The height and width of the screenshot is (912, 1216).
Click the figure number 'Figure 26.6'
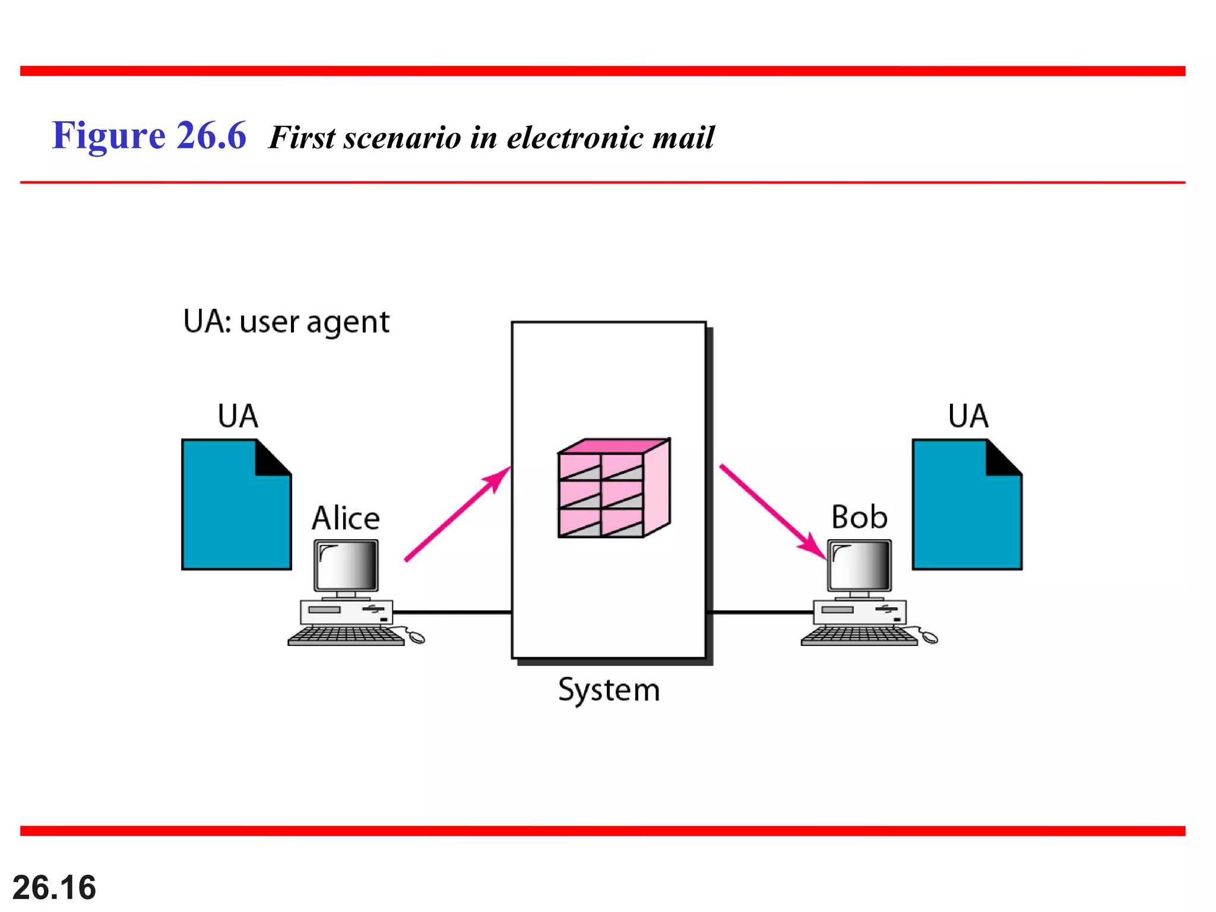148,135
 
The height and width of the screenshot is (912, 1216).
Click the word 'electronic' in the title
574,137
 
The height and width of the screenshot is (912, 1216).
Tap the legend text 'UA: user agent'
286,322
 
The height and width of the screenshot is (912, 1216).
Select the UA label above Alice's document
237,416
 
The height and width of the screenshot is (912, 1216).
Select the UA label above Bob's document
968,416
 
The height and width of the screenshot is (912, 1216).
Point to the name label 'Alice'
346,518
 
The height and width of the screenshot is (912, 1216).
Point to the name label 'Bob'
859,517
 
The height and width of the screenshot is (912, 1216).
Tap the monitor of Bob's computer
860,565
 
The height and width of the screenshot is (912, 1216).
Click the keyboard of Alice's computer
346,636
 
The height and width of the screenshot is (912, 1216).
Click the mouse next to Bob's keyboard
929,638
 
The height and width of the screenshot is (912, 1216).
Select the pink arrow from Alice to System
457,514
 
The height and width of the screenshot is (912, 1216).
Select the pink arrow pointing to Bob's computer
772,512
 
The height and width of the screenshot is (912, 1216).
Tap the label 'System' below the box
609,690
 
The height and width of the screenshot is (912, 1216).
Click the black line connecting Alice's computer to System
451,612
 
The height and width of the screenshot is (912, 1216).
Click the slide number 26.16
54,887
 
